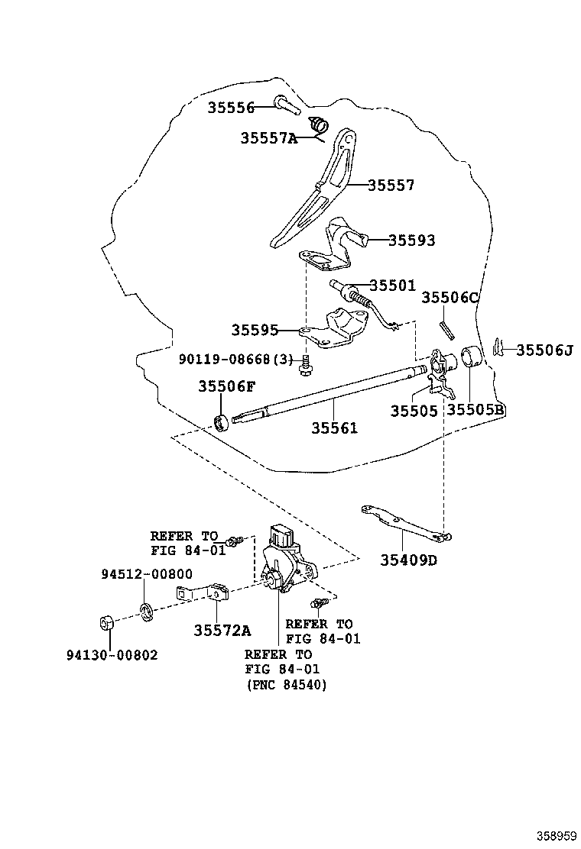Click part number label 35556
[x=230, y=108]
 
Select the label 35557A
[x=268, y=138]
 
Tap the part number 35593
[x=411, y=240]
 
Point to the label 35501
[x=392, y=286]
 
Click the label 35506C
[x=450, y=298]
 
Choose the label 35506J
[x=544, y=350]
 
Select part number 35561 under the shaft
[x=334, y=428]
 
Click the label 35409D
[x=408, y=560]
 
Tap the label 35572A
[x=222, y=630]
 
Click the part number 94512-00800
[x=135, y=574]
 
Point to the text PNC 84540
[x=286, y=685]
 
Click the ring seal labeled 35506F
[x=222, y=421]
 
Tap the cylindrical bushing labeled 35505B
[x=469, y=358]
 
